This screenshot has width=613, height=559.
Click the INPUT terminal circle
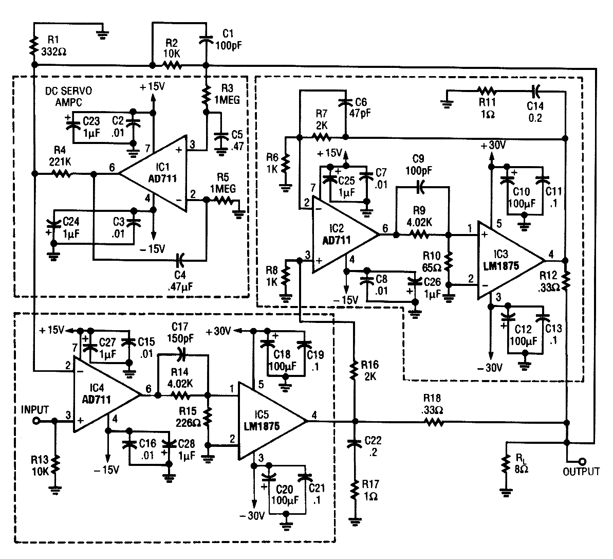point(36,421)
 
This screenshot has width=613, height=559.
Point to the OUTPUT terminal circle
point(582,462)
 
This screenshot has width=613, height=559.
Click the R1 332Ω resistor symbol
point(34,46)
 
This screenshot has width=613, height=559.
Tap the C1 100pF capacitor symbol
point(207,39)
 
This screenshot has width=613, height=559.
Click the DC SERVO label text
point(69,91)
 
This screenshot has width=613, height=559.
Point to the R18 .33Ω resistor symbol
point(433,422)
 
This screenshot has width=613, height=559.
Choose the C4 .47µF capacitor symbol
point(179,259)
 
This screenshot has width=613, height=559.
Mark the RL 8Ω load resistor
point(506,464)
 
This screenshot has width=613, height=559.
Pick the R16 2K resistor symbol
point(354,370)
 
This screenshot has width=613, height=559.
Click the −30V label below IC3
point(490,367)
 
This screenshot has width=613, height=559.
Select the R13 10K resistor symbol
point(55,464)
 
